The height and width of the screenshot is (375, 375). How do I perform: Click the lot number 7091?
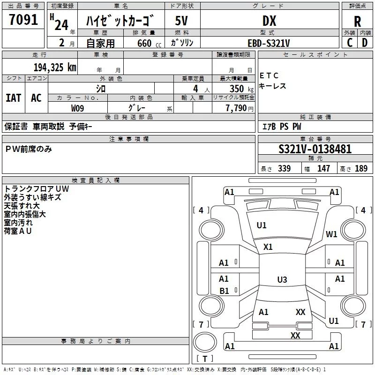click(23, 21)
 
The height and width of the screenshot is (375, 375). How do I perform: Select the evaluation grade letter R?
click(357, 21)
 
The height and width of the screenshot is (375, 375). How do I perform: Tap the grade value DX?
click(269, 21)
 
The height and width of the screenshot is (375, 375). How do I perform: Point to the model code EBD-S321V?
click(269, 43)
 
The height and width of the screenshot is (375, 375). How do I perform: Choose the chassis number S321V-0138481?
click(315, 149)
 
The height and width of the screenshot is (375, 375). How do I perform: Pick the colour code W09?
click(78, 108)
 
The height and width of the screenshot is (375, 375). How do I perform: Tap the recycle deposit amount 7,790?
click(236, 108)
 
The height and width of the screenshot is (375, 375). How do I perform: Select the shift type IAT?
click(14, 97)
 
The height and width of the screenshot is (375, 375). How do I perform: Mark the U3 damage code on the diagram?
click(282, 280)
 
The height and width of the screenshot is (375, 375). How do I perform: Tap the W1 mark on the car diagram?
click(332, 234)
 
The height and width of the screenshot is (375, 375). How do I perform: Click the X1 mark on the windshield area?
click(268, 247)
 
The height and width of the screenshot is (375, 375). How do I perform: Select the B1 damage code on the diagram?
click(224, 291)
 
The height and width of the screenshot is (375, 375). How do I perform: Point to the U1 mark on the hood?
click(262, 225)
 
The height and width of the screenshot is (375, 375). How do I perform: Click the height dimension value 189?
click(361, 169)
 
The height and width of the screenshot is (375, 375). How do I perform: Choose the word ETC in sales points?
click(269, 75)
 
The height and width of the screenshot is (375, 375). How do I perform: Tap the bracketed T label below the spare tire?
click(205, 359)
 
